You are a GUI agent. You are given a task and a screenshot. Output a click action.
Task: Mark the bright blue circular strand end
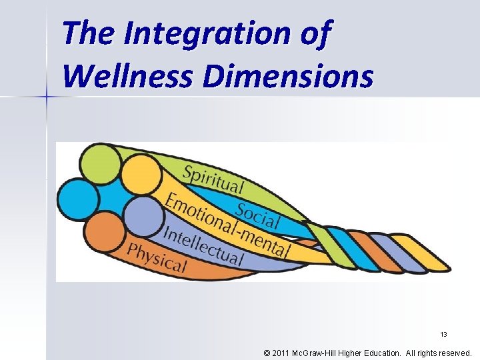tap(79, 198)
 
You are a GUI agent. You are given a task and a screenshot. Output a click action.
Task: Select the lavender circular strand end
tap(143, 216)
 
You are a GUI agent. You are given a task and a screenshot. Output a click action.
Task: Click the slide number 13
tap(443, 334)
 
